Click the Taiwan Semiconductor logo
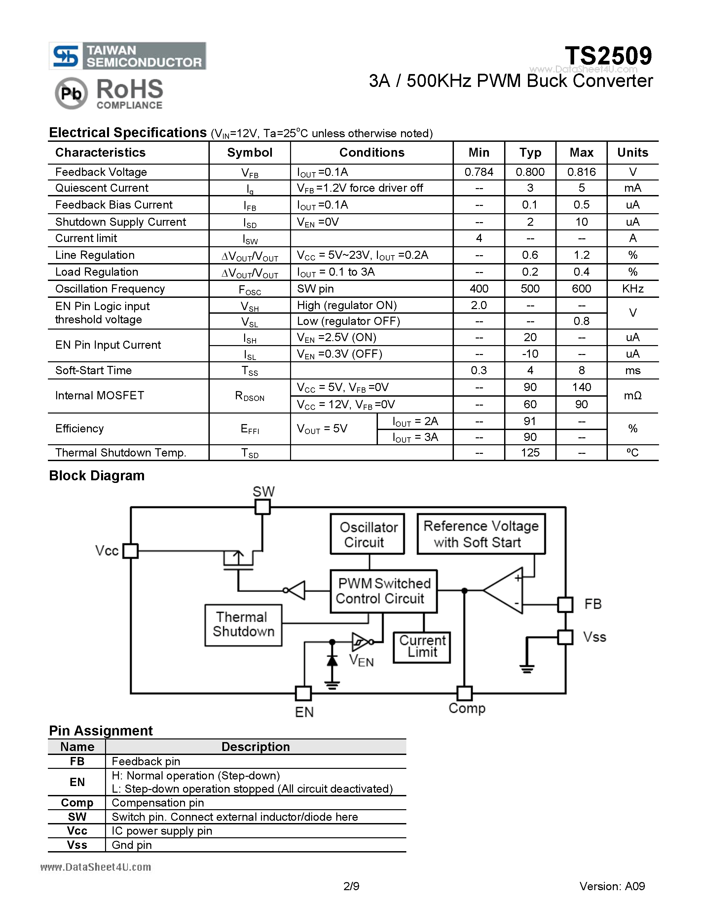click(127, 56)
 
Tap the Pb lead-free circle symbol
click(71, 93)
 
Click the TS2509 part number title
click(608, 56)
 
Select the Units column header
click(632, 152)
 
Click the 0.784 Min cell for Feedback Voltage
click(479, 172)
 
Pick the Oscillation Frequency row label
click(110, 289)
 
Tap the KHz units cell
click(632, 289)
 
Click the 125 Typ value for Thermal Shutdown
click(530, 453)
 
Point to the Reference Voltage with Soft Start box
click(481, 534)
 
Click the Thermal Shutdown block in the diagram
click(243, 625)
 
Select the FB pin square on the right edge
click(565, 604)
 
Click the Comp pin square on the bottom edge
click(464, 693)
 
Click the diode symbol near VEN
click(332, 660)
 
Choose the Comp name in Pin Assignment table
click(77, 803)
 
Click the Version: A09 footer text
click(612, 886)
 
